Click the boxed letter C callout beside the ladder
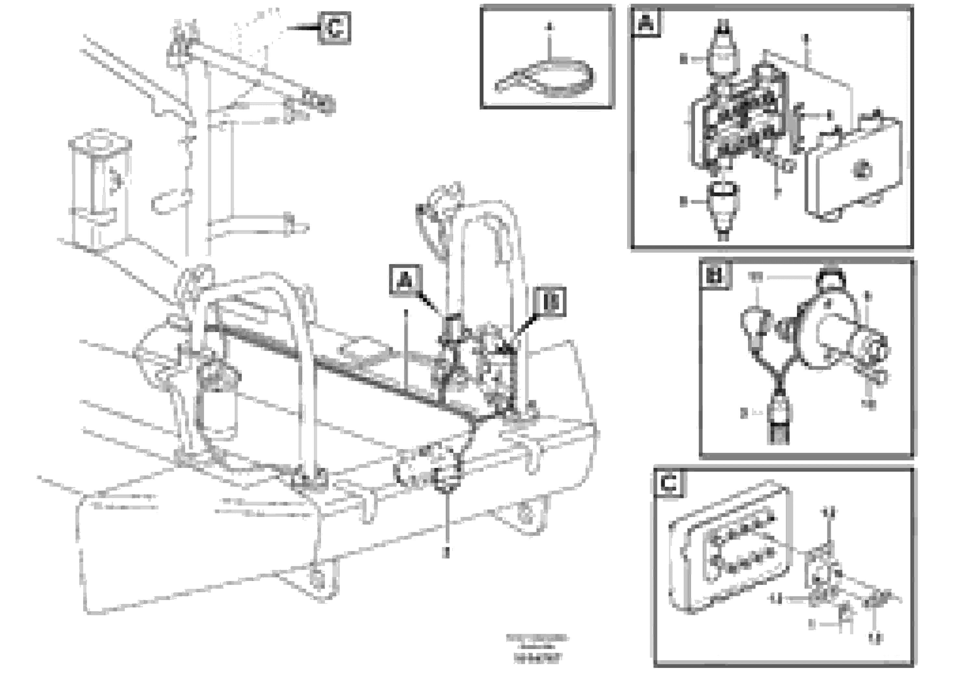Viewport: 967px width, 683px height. (x=334, y=28)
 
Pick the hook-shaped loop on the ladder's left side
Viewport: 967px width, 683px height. (x=168, y=203)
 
